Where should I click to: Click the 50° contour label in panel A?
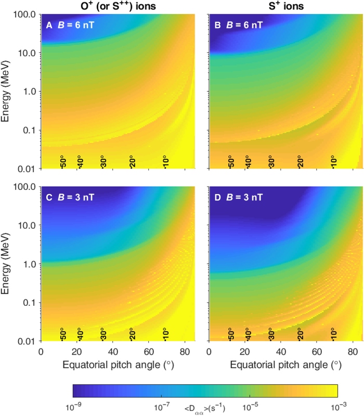pyautogui.click(x=62, y=161)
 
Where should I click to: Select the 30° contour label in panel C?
pyautogui.click(x=102, y=334)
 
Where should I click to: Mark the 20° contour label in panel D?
pyautogui.click(x=300, y=334)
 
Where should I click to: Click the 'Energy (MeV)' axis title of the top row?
pyautogui.click(x=7, y=92)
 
